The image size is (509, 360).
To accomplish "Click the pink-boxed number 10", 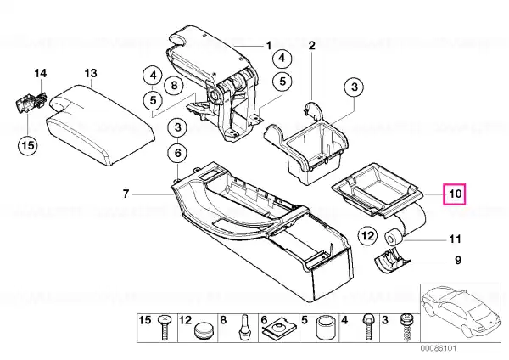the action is (x=455, y=194).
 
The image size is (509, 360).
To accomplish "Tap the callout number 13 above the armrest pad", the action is (x=91, y=73).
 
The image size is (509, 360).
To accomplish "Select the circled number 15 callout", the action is (x=28, y=145).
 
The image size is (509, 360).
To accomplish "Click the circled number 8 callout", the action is (x=174, y=86).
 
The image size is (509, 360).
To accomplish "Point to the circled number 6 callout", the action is (x=178, y=153).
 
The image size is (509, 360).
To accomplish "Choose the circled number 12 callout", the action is (x=368, y=235).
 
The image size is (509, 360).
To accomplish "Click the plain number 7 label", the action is (x=126, y=194).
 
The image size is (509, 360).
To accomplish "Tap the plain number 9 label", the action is (x=458, y=261).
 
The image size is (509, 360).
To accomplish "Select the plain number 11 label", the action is (x=455, y=239).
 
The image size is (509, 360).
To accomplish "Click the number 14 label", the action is (x=41, y=73).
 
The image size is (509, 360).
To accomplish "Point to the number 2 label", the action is (x=311, y=45).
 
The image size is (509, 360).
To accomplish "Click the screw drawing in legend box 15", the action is (x=165, y=327).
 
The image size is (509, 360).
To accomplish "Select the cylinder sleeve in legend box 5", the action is (x=326, y=328).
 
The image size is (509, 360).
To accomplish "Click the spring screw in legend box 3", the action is (x=406, y=327).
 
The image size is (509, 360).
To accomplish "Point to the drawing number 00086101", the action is (x=439, y=348).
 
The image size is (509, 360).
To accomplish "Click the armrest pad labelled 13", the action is (x=101, y=125).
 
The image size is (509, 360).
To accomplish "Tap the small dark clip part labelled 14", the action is (x=31, y=101).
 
